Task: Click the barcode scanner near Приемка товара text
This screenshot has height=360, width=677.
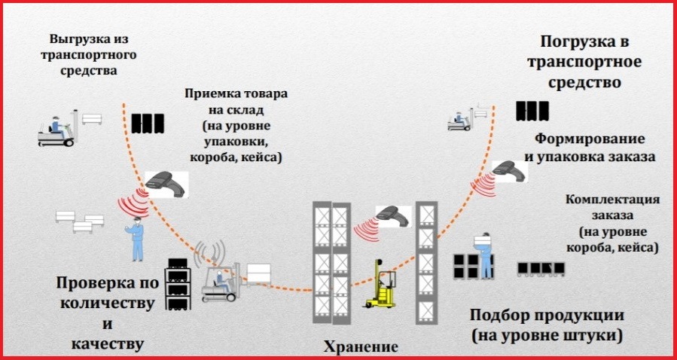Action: coord(167,182)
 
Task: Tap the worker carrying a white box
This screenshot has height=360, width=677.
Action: coord(483,255)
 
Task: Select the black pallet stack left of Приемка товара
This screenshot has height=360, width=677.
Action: coord(147,123)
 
